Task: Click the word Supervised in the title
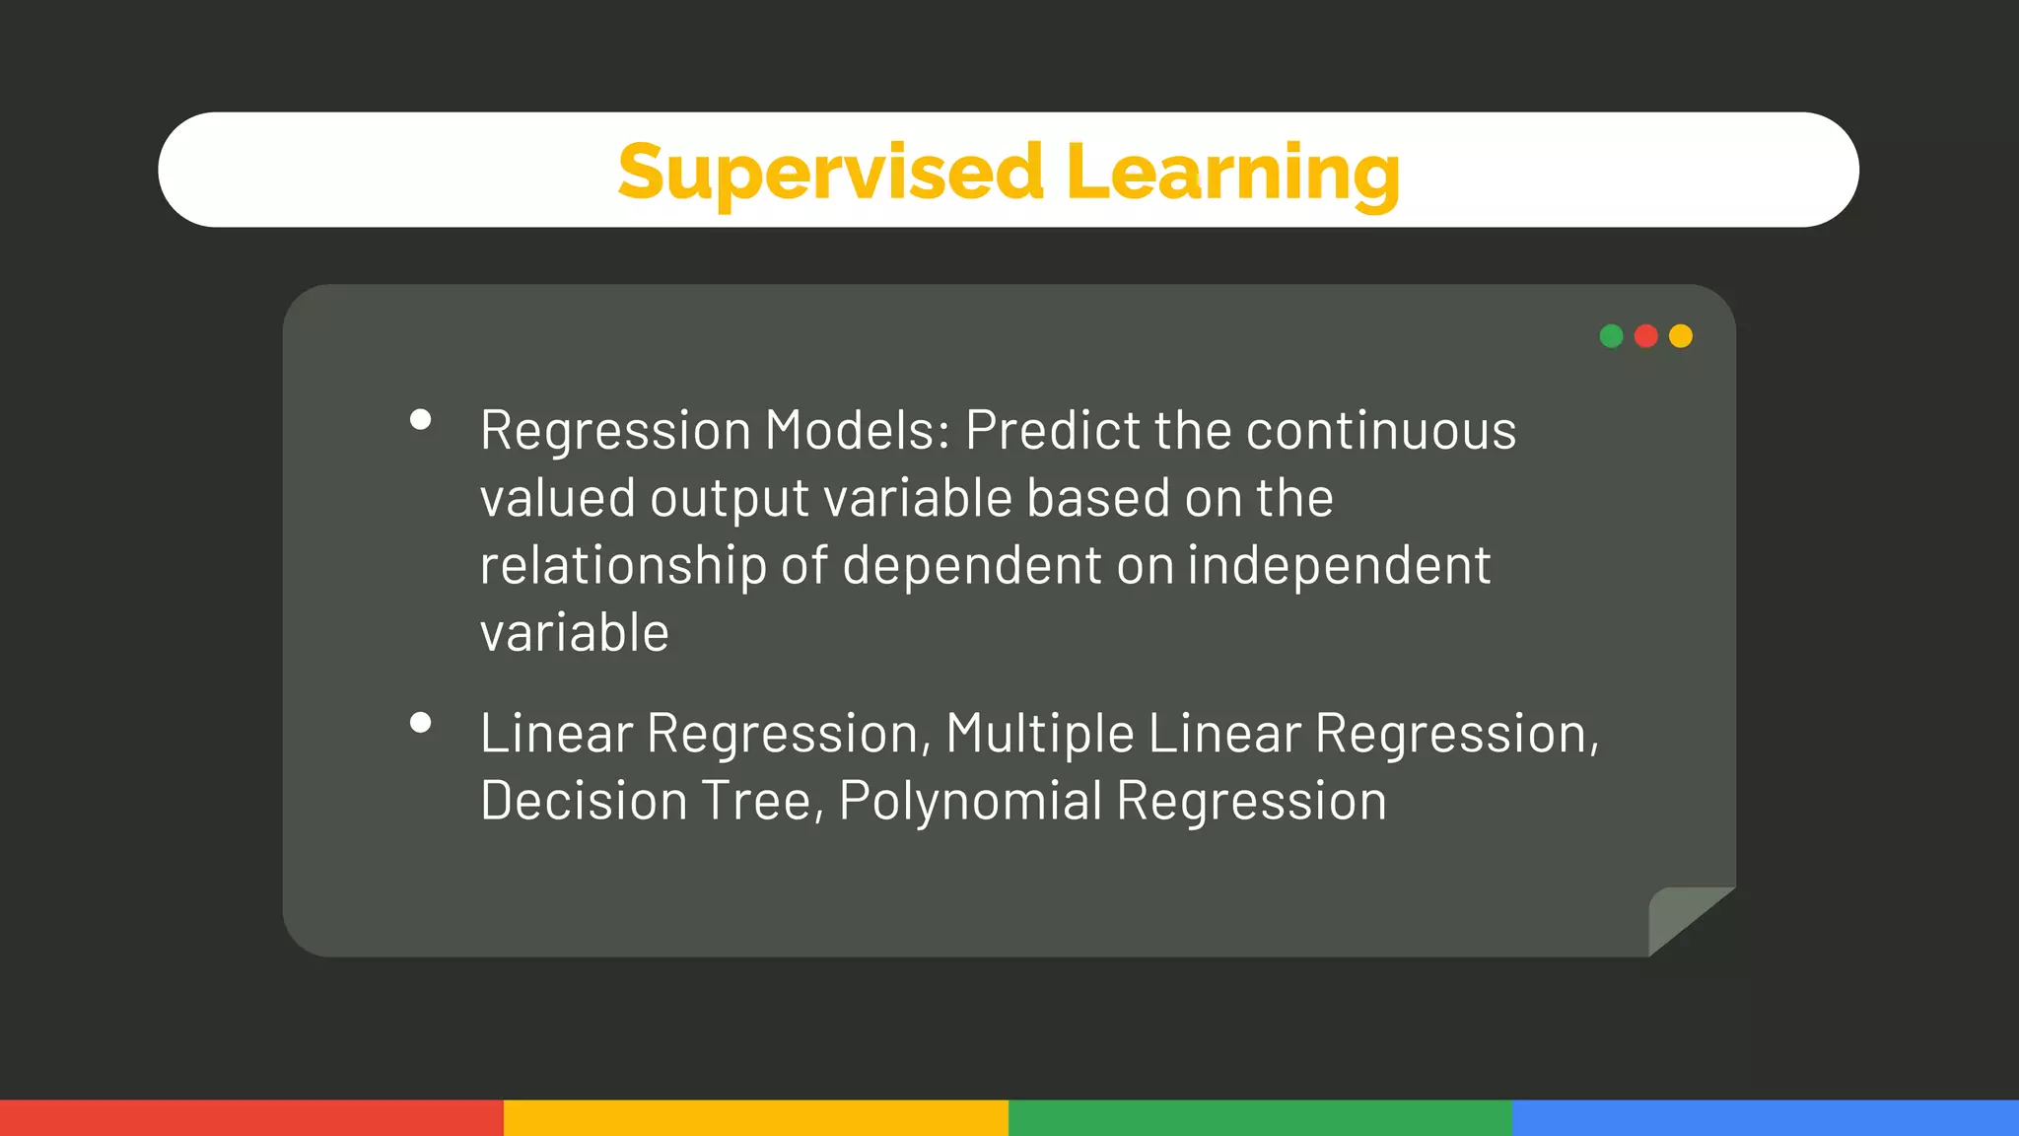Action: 830,173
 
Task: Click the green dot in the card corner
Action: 1611,336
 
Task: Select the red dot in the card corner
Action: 1645,336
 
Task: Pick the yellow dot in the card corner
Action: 1681,336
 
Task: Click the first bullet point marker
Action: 420,420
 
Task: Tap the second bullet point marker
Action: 420,723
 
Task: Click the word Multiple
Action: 1039,735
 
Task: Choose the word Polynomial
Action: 970,801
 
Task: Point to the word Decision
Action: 584,801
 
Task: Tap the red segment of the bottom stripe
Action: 251,1117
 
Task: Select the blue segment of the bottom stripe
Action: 1765,1117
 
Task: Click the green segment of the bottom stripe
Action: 1260,1117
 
